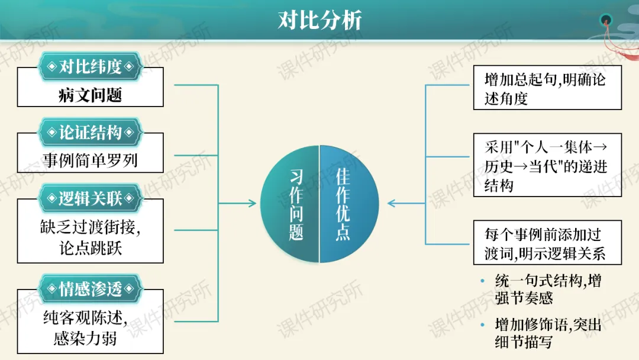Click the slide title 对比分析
pyautogui.click(x=319, y=21)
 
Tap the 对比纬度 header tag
pyautogui.click(x=90, y=66)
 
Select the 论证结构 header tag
pyautogui.click(x=90, y=132)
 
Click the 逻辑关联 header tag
pyautogui.click(x=90, y=198)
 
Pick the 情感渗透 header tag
pyautogui.click(x=90, y=288)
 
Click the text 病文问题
pyautogui.click(x=90, y=95)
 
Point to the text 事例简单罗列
pyautogui.click(x=90, y=160)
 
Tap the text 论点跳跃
pyautogui.click(x=90, y=248)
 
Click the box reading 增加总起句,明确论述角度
pyautogui.click(x=547, y=88)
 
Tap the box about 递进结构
pyautogui.click(x=547, y=166)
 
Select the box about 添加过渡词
pyautogui.click(x=547, y=243)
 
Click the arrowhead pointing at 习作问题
pyautogui.click(x=254, y=204)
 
